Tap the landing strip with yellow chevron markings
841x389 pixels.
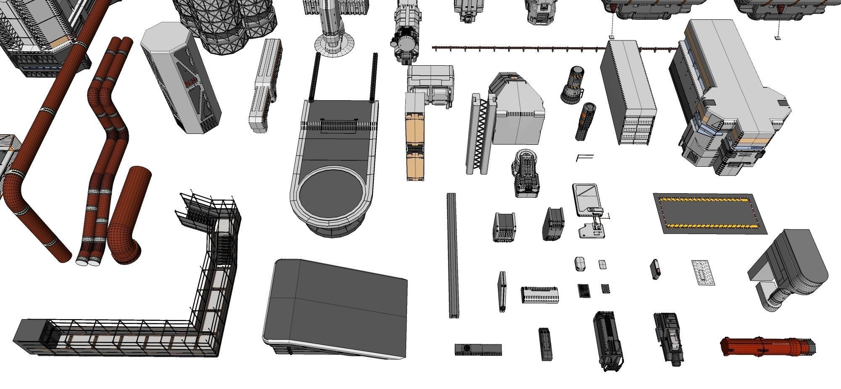click(710, 213)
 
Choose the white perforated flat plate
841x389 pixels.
click(703, 272)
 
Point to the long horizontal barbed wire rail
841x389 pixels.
click(517, 49)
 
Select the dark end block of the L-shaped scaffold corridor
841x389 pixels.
click(27, 333)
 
